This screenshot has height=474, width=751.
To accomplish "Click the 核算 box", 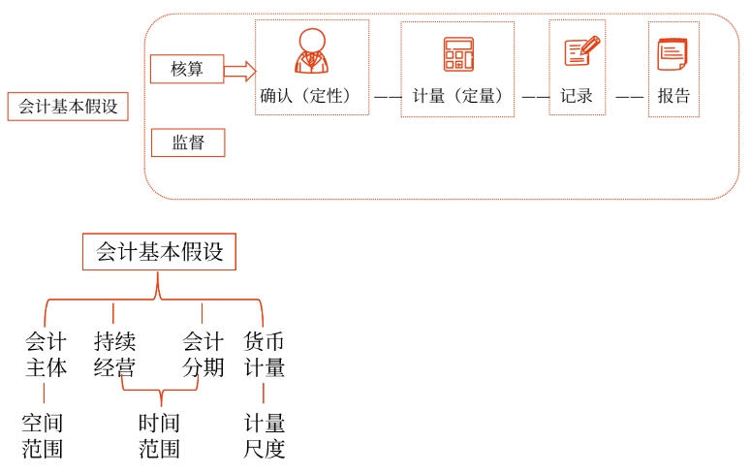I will (187, 70).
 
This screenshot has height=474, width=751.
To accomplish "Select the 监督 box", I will (187, 143).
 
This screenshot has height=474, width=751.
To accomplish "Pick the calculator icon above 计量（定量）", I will (457, 53).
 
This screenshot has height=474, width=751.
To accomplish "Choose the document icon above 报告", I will (673, 52).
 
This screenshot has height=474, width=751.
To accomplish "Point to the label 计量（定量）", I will (457, 96).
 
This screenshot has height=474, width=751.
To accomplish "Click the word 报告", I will (673, 96).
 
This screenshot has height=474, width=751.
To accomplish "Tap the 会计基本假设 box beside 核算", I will (68, 107).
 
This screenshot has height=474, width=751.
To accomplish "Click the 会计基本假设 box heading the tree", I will (159, 253).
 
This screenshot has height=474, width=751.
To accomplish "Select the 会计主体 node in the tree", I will (46, 355).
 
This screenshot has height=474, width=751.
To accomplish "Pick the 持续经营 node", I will (114, 355).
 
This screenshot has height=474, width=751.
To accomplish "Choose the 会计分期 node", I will (203, 355).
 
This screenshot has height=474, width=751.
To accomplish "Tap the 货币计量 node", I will (264, 355).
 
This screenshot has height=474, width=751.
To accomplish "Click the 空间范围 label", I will (43, 436).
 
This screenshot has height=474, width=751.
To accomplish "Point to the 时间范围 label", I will (159, 436).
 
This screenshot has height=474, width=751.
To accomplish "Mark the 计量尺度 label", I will (264, 436).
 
